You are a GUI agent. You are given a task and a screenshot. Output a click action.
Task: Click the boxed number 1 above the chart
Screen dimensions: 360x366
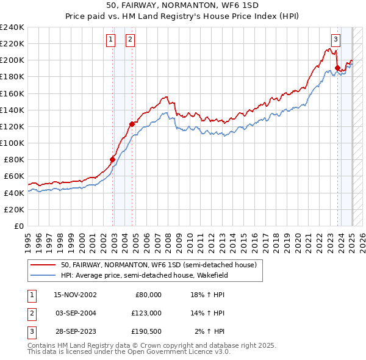[110, 40]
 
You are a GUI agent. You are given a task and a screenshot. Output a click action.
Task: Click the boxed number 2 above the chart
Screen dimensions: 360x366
[131, 40]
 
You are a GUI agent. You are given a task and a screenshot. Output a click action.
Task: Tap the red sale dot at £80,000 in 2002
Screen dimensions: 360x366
[112, 159]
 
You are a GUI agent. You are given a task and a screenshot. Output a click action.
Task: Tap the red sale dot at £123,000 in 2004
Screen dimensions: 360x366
[132, 124]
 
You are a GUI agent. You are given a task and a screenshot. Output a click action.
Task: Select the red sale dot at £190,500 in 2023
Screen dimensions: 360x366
[337, 68]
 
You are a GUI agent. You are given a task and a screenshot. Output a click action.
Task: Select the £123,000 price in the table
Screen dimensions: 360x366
[147, 313]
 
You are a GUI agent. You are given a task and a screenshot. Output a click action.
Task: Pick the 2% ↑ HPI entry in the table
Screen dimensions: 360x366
[210, 331]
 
